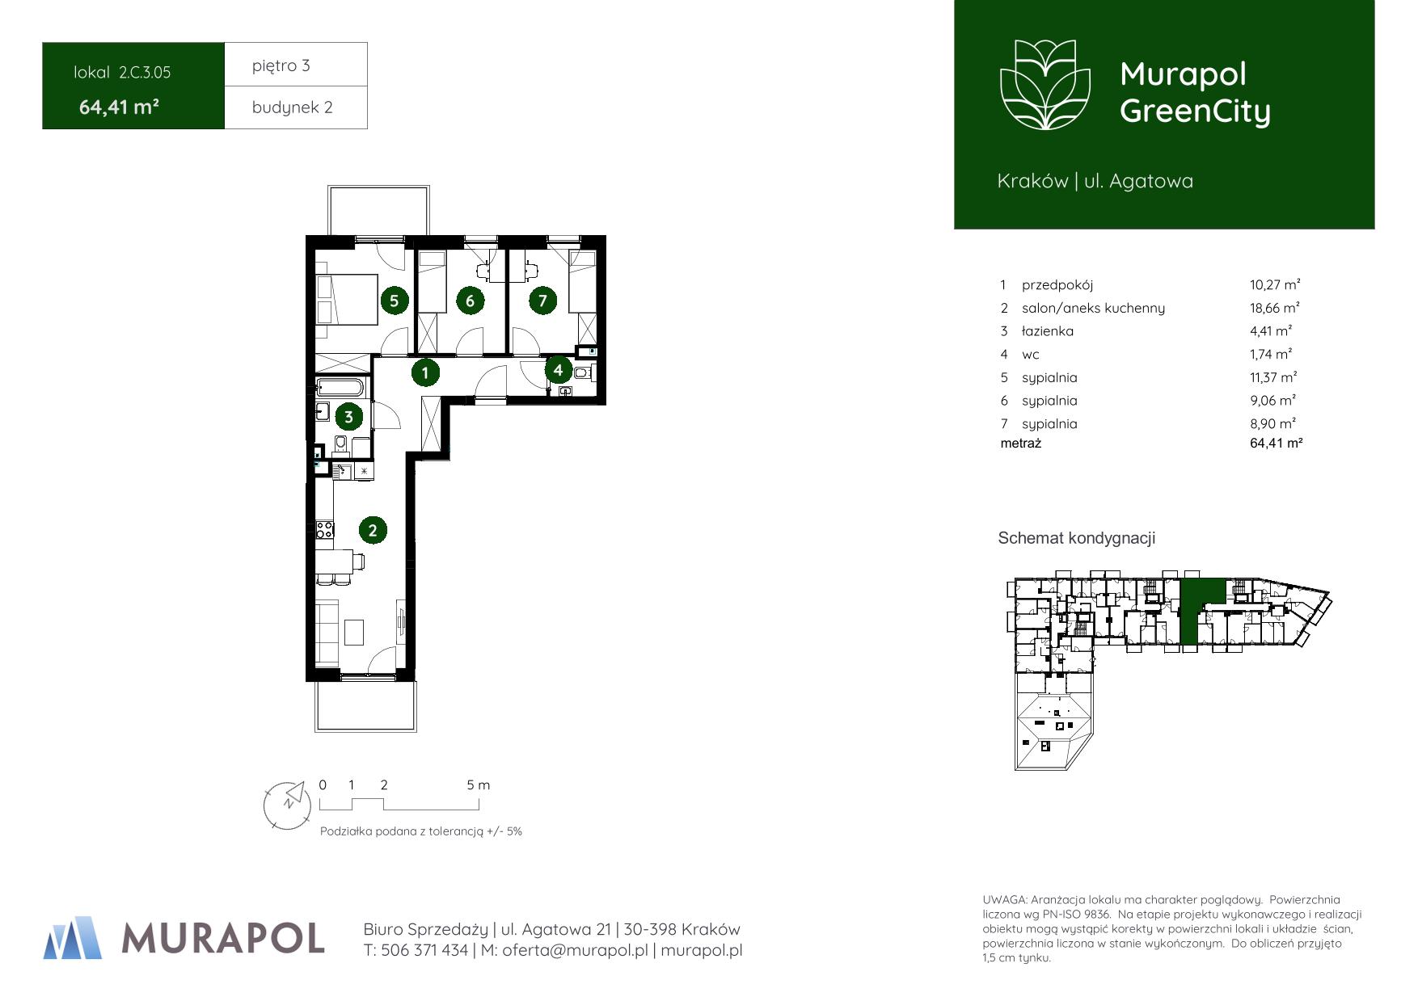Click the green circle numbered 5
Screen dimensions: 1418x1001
[x=394, y=301]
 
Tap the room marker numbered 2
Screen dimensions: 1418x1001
[x=373, y=530]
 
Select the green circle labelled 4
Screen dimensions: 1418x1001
[x=558, y=370]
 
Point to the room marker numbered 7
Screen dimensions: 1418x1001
[x=542, y=301]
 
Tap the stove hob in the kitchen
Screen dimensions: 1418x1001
[x=325, y=530]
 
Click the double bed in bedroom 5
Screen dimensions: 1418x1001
[x=347, y=300]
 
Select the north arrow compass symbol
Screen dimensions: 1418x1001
[x=288, y=805]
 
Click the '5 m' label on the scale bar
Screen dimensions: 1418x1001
[x=479, y=784]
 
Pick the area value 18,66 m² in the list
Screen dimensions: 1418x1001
[x=1275, y=308]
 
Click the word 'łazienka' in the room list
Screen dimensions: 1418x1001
[x=1048, y=331]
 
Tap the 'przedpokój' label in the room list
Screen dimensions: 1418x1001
[x=1057, y=285]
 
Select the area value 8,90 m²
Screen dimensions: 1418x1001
[x=1273, y=423]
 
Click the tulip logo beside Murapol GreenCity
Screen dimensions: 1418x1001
[x=1046, y=85]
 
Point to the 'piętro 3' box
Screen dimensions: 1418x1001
[x=296, y=65]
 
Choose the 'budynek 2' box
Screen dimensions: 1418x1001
[x=296, y=107]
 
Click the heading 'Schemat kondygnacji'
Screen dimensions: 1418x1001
[x=1077, y=538]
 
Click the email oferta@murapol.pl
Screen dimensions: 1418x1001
[x=575, y=951]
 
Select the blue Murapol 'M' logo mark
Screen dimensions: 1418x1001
[x=74, y=937]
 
